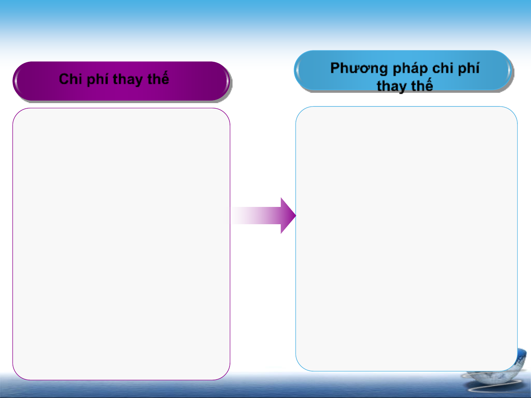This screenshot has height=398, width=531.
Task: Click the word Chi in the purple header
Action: tap(70, 79)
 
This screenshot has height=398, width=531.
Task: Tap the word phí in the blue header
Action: tap(468, 68)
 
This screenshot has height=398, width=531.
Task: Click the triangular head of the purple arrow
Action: tap(288, 215)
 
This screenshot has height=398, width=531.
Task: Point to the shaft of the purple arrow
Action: tap(255, 215)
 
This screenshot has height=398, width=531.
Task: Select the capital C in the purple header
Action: tap(64, 79)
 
